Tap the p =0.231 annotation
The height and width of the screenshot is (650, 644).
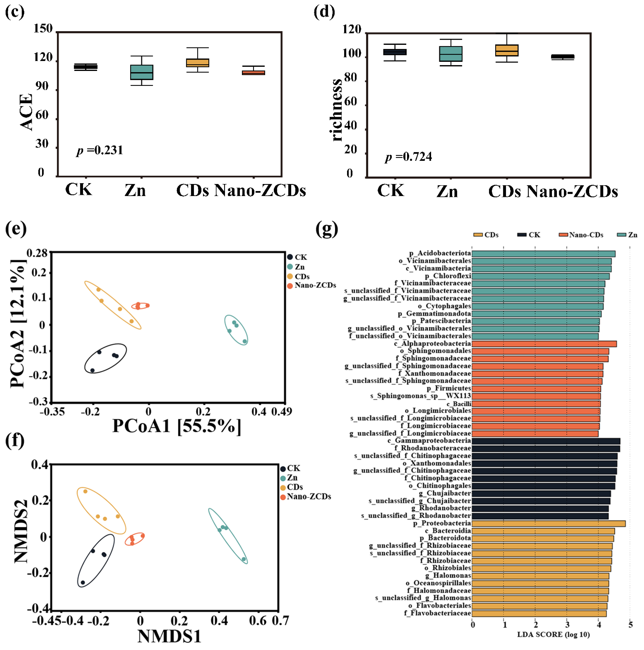click(x=99, y=150)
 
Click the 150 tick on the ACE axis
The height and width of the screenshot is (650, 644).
click(x=43, y=29)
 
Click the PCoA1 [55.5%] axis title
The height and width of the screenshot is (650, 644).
click(x=176, y=426)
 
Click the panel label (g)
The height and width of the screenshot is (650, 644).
click(x=326, y=229)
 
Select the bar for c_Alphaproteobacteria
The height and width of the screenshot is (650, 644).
click(x=544, y=343)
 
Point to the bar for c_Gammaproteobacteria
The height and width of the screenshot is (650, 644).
click(x=545, y=441)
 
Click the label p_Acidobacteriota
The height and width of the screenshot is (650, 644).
click(x=440, y=253)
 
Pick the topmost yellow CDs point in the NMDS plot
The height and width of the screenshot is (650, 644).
click(x=85, y=491)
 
